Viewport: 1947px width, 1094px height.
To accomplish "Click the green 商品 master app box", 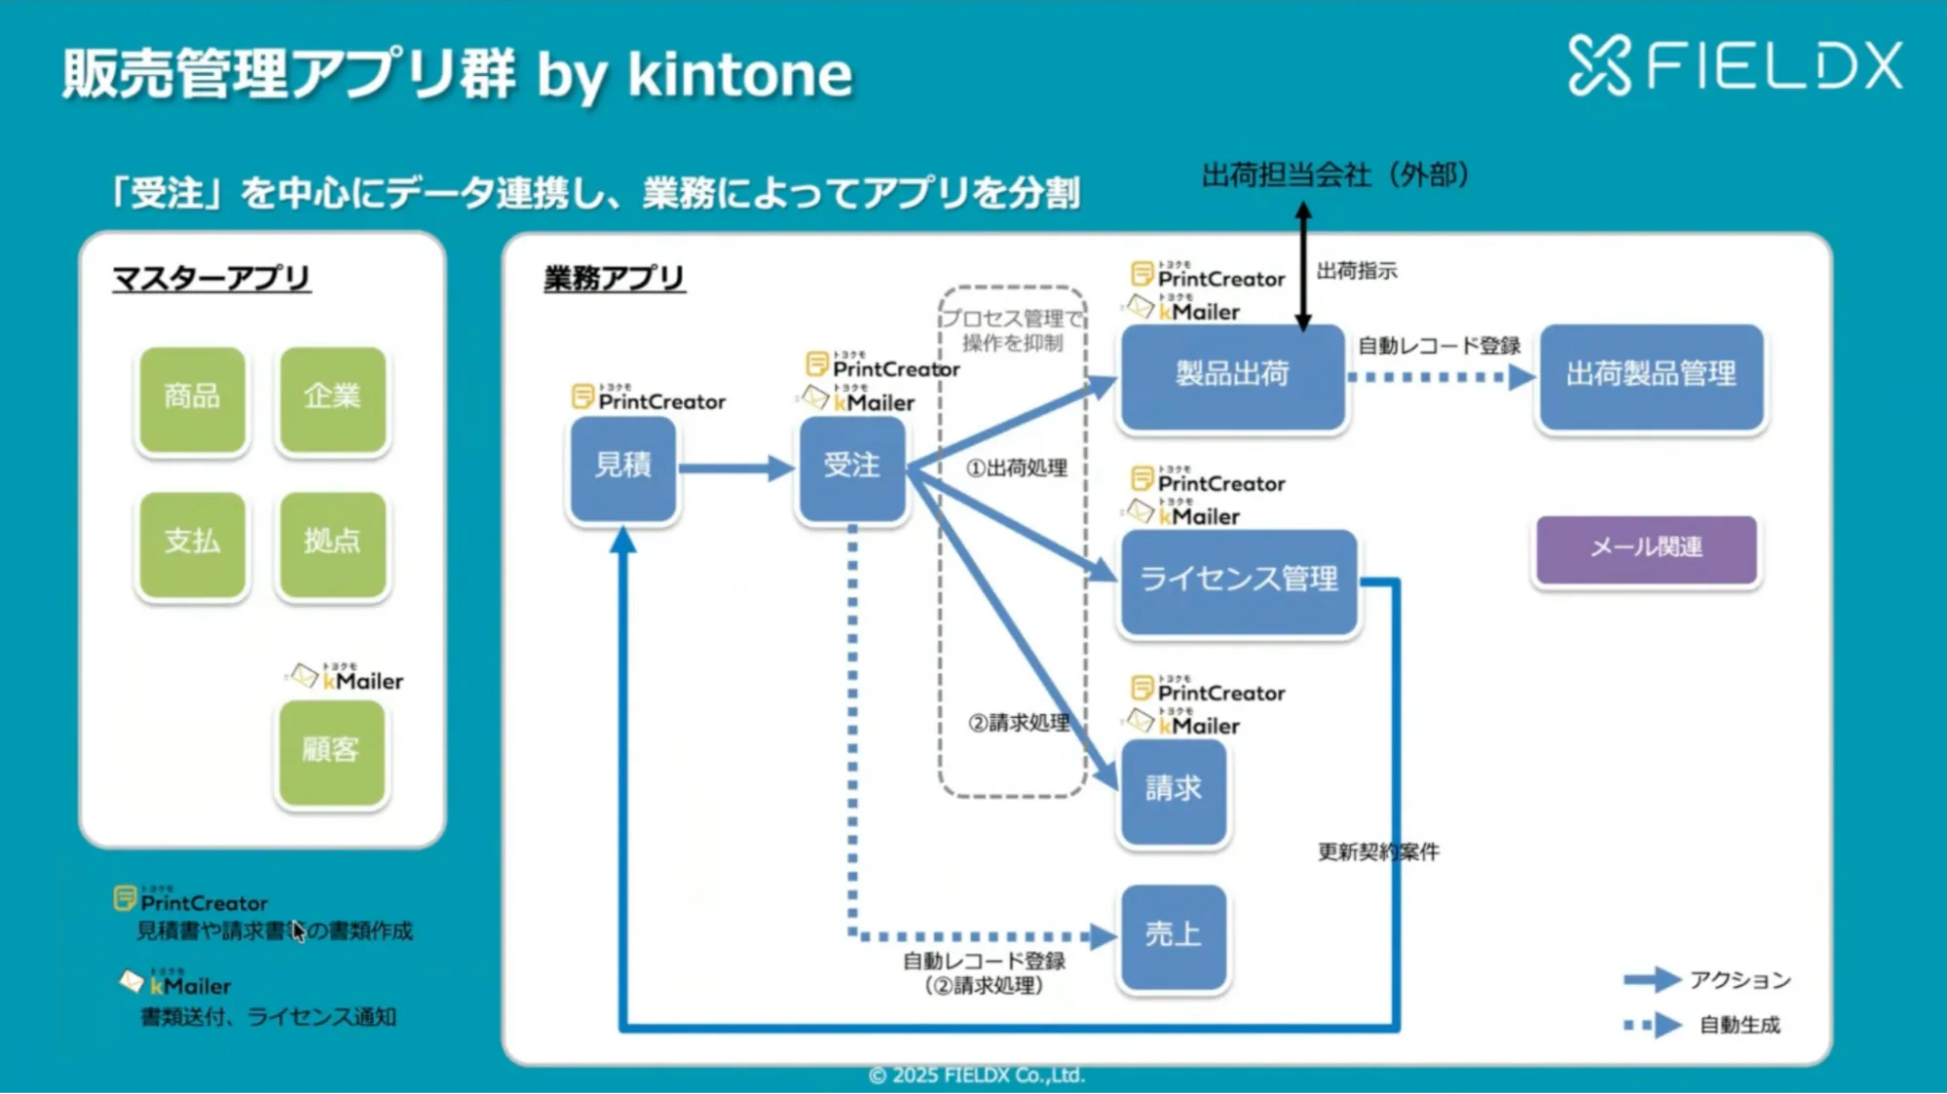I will pos(192,398).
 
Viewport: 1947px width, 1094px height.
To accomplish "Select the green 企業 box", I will pos(332,398).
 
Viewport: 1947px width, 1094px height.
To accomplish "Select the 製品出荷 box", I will pos(1232,376).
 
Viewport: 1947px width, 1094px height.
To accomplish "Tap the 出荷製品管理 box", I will pos(1651,376).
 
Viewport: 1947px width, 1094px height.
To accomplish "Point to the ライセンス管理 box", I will pos(1238,581).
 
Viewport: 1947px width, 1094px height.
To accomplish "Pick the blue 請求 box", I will pos(1173,790).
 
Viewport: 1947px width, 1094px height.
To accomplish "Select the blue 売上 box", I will pos(1173,936).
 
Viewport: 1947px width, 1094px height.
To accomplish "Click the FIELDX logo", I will pos(1735,66).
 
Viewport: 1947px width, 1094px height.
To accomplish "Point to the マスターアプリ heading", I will pos(211,279).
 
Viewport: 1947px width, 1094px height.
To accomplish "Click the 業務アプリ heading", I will pos(614,279).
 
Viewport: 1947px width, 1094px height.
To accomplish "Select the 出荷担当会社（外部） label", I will pos(1335,175).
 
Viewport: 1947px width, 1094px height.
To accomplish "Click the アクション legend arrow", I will pos(1652,979).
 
